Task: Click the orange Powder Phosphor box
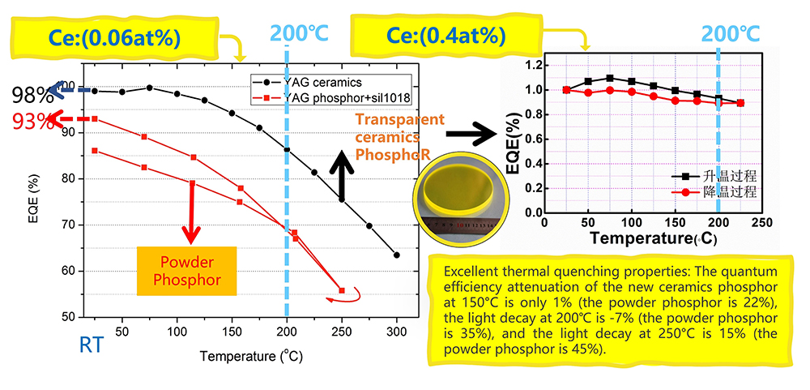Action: point(186,271)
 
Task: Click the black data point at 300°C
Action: point(397,255)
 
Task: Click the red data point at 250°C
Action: point(342,290)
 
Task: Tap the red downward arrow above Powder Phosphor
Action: point(191,212)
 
